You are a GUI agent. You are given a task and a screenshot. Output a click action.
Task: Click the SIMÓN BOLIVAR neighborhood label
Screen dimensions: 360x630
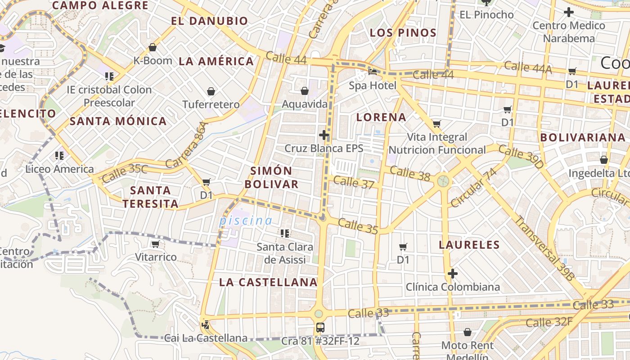(271, 177)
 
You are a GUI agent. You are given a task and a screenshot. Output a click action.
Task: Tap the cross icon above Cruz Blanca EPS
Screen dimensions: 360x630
(324, 135)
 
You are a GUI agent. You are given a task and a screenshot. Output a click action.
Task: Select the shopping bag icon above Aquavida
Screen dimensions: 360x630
(305, 91)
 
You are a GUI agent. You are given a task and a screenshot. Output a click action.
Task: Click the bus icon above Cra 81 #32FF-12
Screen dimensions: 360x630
(320, 328)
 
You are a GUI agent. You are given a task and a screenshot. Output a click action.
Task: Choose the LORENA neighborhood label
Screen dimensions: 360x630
(381, 117)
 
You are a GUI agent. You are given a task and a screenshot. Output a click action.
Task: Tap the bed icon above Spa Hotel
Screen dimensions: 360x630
(373, 72)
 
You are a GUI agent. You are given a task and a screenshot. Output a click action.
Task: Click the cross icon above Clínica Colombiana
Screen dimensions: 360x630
(453, 274)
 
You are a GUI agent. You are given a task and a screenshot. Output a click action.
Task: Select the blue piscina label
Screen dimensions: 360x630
(246, 221)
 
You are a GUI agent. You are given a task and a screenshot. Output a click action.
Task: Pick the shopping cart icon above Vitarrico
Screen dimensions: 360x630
(156, 244)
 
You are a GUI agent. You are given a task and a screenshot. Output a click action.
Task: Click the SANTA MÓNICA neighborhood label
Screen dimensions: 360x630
(118, 121)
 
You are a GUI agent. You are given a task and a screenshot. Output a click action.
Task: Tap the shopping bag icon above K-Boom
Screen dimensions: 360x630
(153, 47)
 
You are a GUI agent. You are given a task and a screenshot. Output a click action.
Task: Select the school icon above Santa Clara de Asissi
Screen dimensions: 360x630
(285, 234)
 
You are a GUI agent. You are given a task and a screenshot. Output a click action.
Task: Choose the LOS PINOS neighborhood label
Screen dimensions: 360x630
(403, 33)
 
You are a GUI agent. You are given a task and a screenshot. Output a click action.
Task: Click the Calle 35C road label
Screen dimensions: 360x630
(125, 173)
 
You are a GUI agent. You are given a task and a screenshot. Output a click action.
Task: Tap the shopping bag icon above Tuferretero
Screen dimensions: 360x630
(211, 92)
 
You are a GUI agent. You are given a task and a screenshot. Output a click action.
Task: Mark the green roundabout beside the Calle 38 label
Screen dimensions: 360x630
(443, 181)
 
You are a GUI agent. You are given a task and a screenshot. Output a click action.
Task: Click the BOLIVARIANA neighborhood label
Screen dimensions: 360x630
(583, 138)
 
